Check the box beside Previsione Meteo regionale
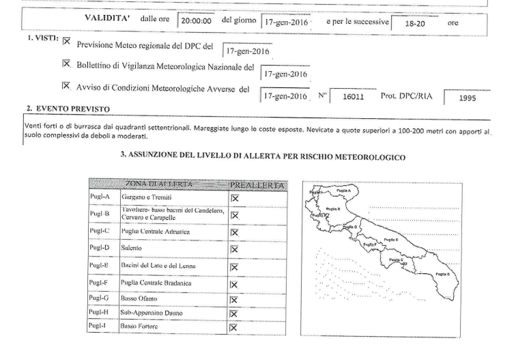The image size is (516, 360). [x=67, y=42]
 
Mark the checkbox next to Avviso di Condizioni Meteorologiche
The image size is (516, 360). [x=67, y=87]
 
